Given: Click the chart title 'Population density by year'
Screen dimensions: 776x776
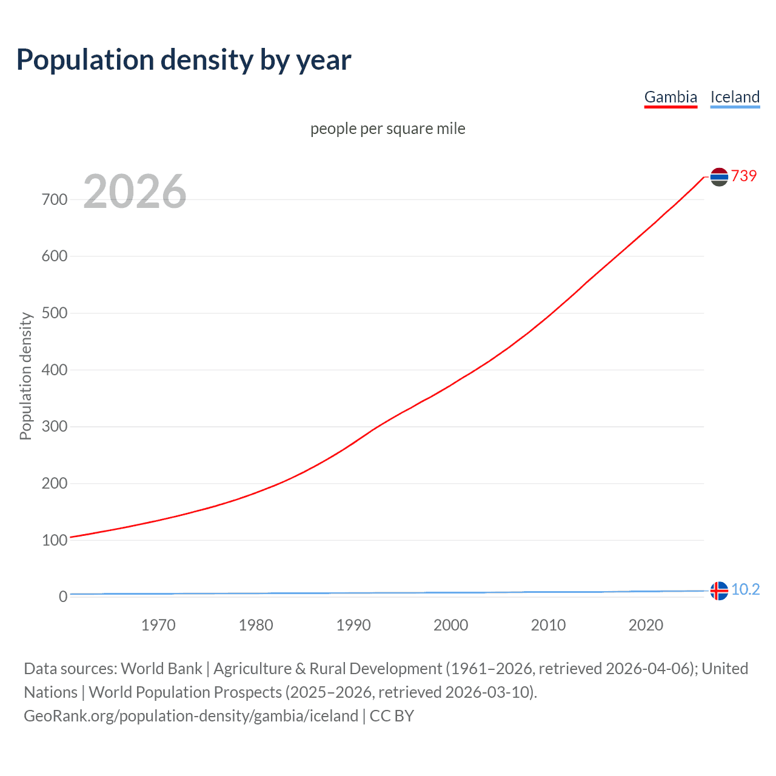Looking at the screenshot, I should [x=184, y=60].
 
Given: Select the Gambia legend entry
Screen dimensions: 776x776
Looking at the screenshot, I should [x=671, y=97].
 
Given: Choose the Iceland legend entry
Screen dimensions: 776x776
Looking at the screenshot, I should [x=735, y=97].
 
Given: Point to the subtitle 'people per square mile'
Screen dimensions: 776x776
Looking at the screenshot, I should [x=388, y=129].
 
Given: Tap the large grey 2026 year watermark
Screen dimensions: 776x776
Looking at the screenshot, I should [x=135, y=192].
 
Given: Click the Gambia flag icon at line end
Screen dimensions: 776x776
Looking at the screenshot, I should [x=719, y=177].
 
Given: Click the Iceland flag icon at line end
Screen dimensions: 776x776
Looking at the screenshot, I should [x=719, y=590].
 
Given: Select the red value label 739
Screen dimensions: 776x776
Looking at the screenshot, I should [x=744, y=176].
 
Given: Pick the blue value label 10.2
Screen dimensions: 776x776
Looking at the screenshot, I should [x=745, y=589].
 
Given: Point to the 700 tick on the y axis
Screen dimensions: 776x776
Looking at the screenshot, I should [x=55, y=199].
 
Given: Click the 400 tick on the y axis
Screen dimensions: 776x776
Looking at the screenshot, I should [x=55, y=370].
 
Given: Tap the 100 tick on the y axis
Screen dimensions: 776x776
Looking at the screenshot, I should [x=55, y=540].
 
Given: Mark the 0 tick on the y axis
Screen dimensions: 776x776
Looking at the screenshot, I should [x=62, y=597].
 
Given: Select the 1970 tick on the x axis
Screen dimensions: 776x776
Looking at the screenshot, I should [x=158, y=625].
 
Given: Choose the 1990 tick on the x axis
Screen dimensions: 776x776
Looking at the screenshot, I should [x=353, y=625].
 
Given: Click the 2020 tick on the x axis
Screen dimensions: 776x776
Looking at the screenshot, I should [x=646, y=625].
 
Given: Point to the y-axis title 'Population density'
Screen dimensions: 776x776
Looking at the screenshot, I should [x=25, y=376].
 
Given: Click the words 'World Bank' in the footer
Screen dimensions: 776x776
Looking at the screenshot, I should [x=161, y=669].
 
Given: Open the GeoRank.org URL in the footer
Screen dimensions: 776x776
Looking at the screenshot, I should [x=191, y=716].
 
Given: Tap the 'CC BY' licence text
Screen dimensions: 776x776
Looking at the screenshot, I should [x=392, y=716].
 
